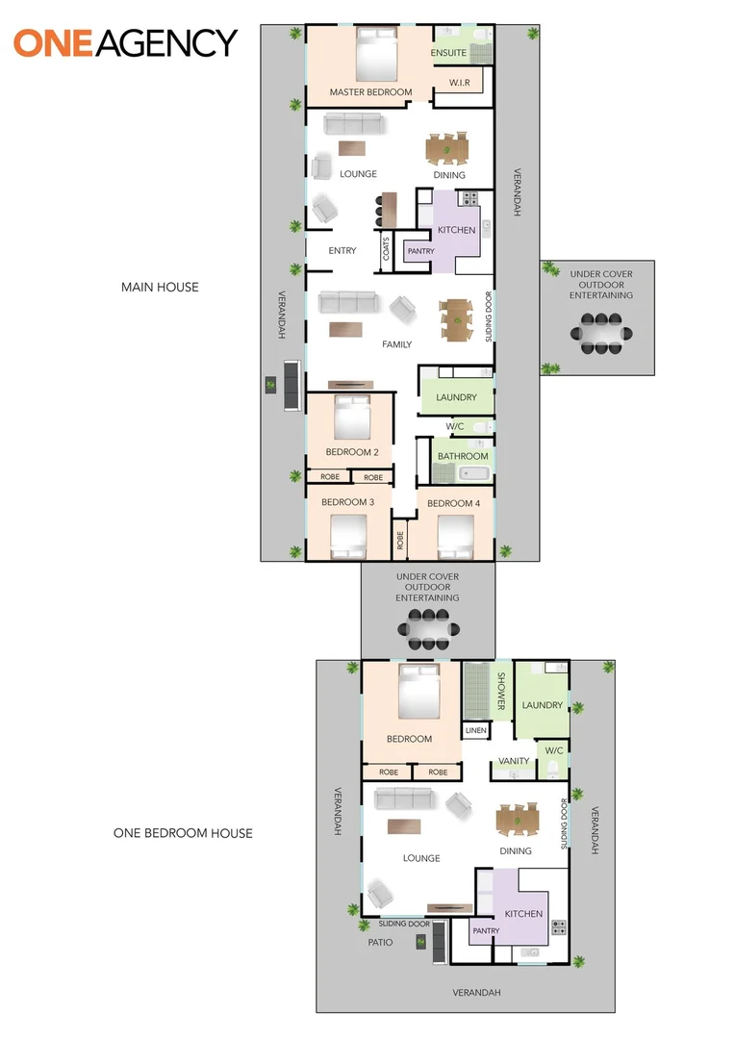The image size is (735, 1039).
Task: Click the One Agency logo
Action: pyautogui.click(x=125, y=43)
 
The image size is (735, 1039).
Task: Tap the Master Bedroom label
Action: pyautogui.click(x=370, y=92)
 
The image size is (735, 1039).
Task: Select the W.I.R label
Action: pyautogui.click(x=459, y=83)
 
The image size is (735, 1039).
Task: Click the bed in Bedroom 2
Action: pyautogui.click(x=352, y=418)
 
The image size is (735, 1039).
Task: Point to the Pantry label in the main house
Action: pyautogui.click(x=420, y=251)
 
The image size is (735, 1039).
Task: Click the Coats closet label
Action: pyautogui.click(x=386, y=249)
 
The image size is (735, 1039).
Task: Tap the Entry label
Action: pyautogui.click(x=342, y=250)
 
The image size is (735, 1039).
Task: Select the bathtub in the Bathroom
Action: pyautogui.click(x=474, y=473)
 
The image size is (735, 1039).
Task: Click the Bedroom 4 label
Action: pyautogui.click(x=453, y=503)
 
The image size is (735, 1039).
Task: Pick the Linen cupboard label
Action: pyautogui.click(x=476, y=730)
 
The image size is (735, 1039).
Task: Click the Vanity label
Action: pyautogui.click(x=514, y=761)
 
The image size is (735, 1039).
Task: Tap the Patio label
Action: pyautogui.click(x=380, y=942)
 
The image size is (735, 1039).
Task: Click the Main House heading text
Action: pyautogui.click(x=160, y=287)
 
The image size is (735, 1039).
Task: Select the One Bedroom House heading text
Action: pyautogui.click(x=183, y=833)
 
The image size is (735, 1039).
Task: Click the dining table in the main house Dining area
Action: pyautogui.click(x=447, y=149)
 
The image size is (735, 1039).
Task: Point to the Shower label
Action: pyautogui.click(x=501, y=691)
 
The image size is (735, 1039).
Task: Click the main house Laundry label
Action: pyautogui.click(x=456, y=397)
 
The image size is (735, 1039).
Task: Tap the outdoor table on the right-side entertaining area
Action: pyautogui.click(x=601, y=333)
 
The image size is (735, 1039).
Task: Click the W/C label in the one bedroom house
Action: pyautogui.click(x=554, y=750)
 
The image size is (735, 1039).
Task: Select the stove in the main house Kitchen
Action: pyautogui.click(x=469, y=197)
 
